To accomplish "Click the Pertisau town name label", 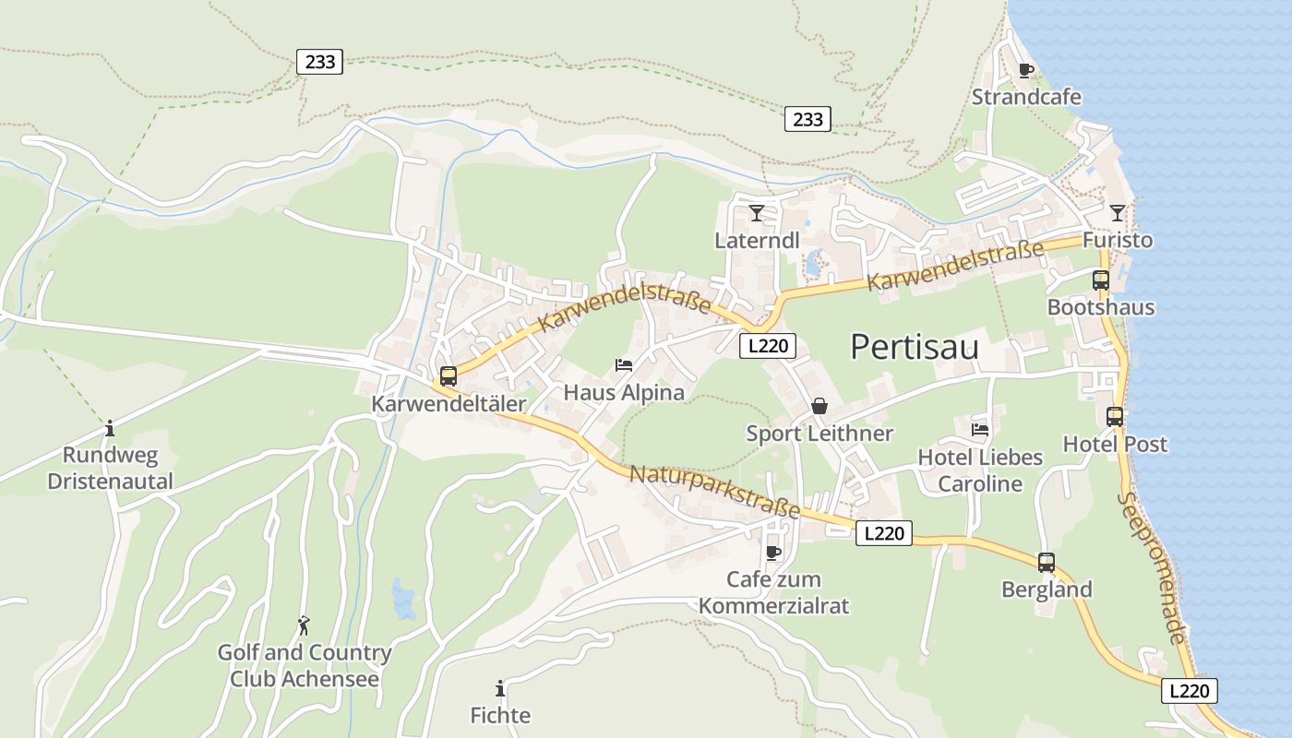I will [914, 347].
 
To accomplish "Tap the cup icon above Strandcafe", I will [1025, 70].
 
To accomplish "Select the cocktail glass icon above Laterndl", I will [757, 213].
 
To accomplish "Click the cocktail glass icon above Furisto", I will [1118, 213].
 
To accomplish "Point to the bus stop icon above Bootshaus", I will [1100, 280].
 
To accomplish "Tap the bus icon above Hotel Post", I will [1115, 416].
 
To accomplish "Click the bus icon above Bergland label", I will [1046, 562].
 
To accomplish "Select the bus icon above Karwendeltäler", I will [449, 375].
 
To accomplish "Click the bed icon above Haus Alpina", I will [624, 365].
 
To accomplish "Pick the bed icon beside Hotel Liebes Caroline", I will [980, 429].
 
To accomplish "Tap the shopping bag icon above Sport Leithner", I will [819, 406].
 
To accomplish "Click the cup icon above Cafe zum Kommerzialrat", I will [773, 553].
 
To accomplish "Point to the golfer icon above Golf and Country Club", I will [304, 625].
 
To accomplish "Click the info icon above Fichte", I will [500, 688].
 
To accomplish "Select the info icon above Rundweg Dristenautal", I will [110, 428].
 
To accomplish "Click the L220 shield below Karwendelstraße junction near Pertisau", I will [767, 346].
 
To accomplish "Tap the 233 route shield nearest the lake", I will [807, 118].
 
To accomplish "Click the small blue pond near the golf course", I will [402, 599].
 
